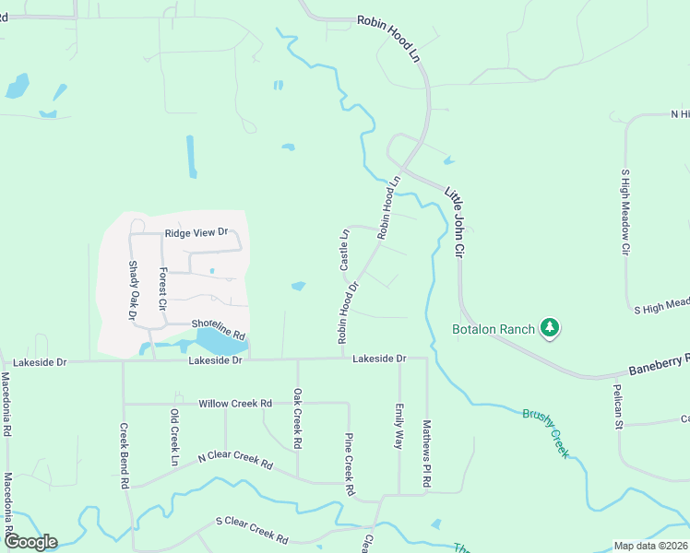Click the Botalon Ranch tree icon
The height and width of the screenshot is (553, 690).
click(550, 327)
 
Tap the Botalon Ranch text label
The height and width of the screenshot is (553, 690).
click(494, 329)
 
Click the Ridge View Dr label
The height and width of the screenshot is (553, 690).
click(196, 233)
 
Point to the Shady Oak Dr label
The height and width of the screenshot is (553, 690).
click(132, 288)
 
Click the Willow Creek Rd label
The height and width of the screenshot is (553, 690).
click(235, 404)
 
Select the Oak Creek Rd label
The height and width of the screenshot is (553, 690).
click(297, 418)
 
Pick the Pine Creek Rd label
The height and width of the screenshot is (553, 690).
click(349, 465)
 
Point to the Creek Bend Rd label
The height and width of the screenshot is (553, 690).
click(123, 455)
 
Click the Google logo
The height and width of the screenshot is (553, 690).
click(30, 542)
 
